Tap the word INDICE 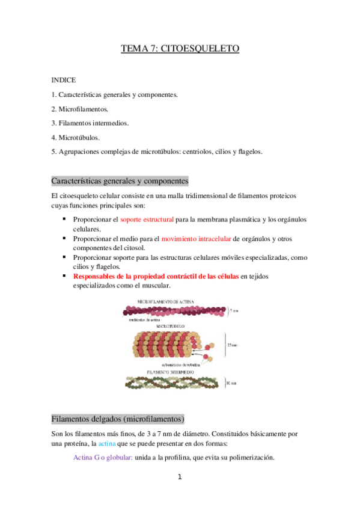64,79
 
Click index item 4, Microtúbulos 78,138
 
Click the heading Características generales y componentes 120,180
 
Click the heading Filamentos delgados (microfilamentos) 118,419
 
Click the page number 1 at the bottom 179,477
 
